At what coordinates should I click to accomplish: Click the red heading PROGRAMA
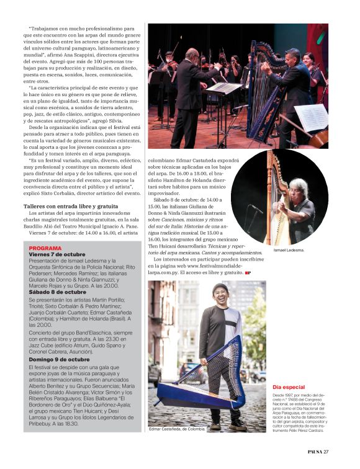pos(45,248)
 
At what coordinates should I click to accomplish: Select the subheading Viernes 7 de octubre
pos(57,254)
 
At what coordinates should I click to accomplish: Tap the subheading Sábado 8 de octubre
pos(57,292)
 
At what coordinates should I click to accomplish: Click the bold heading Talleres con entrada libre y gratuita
pos(71,205)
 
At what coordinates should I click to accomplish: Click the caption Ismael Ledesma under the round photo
pos(289,250)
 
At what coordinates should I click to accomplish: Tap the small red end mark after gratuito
pos(248,272)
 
